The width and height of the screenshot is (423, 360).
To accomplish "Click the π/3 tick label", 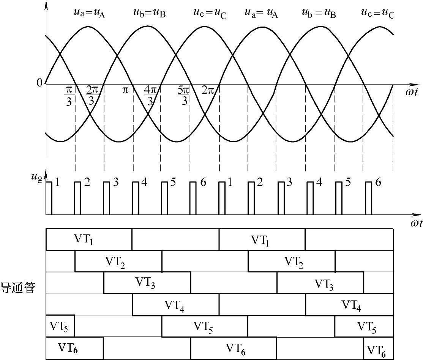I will (69, 96).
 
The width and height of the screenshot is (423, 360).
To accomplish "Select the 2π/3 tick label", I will (92, 96).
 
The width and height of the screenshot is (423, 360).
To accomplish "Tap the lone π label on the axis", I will (126, 91).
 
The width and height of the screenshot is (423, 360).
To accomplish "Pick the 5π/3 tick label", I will (183, 96).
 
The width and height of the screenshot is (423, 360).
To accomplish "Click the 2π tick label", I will (207, 91).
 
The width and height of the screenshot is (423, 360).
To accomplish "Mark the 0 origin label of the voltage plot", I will (39, 83).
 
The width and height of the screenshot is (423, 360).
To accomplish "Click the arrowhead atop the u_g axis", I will (46, 174).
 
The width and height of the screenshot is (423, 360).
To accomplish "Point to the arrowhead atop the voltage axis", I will (46, 6).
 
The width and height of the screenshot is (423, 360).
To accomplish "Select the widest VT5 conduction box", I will (205, 326).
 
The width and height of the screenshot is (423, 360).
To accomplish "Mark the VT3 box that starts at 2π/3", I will (147, 283).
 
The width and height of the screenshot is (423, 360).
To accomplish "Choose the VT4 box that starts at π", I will (175, 304).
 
